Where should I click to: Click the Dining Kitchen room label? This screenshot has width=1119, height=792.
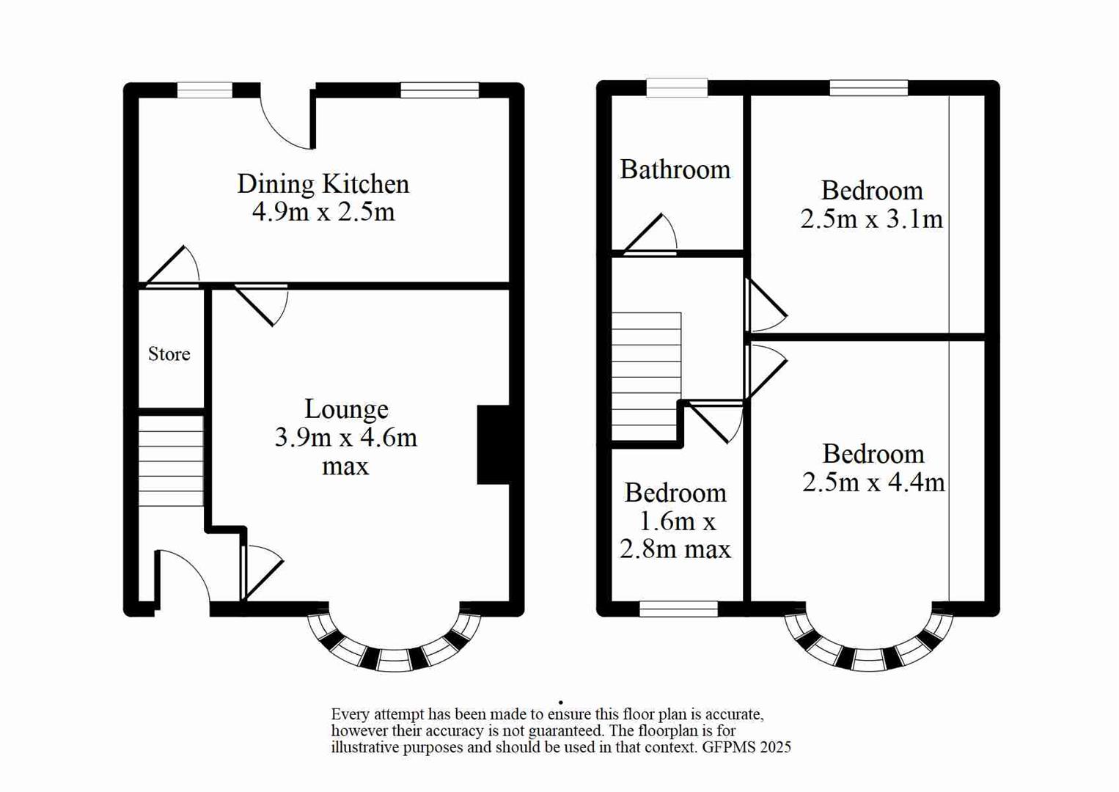(323, 184)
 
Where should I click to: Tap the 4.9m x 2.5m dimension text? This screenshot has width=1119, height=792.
(323, 212)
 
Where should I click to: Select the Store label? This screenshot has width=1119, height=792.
(169, 354)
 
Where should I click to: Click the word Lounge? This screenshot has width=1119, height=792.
(346, 409)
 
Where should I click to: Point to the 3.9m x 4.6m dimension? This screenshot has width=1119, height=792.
(345, 438)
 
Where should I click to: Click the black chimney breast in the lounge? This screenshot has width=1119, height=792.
(494, 444)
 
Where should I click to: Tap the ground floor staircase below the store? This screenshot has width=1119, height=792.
(171, 461)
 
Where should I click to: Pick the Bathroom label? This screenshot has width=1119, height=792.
(675, 170)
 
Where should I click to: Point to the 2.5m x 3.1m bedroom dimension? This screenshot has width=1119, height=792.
(871, 219)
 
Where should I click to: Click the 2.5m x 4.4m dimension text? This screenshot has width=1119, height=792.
(873, 483)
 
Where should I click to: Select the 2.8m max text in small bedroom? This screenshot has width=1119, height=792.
(675, 549)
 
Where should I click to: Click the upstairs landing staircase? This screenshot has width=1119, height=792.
(646, 376)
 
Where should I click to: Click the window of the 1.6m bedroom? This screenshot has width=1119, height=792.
(678, 609)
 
